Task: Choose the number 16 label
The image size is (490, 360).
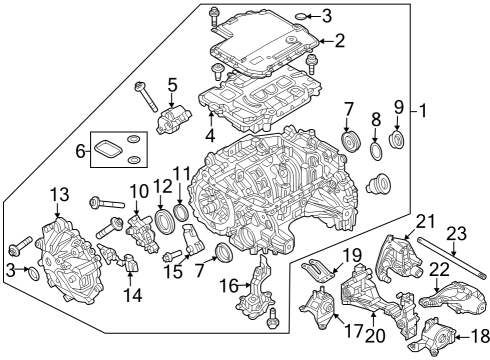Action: point(227,286)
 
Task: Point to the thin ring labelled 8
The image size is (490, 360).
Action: point(376,150)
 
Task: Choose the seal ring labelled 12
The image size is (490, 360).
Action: point(163,220)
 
